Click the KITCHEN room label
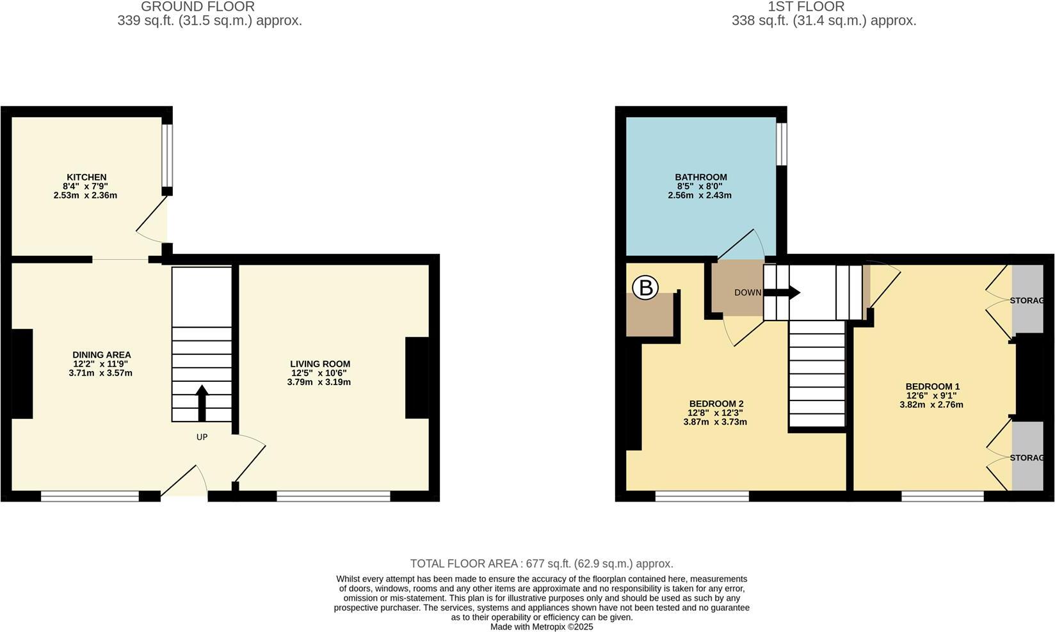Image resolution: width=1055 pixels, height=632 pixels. (86, 177)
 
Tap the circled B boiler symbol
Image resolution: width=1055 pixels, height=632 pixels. (645, 288)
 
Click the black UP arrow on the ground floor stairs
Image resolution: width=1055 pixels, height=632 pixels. (202, 402)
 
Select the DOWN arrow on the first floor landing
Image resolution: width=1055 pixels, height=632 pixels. (782, 292)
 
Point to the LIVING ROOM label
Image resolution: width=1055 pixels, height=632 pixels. (320, 364)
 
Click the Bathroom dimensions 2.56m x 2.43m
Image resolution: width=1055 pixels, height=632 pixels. (700, 195)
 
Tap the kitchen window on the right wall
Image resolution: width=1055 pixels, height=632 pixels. (166, 155)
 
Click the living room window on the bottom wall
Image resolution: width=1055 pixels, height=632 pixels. (334, 496)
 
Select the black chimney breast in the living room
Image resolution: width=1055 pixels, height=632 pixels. (417, 377)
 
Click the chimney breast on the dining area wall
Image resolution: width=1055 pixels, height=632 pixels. (22, 374)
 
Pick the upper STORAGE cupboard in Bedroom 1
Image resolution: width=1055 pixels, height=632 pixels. (1027, 299)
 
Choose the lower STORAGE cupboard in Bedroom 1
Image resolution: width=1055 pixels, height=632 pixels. (1027, 457)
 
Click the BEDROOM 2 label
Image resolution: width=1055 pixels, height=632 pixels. (716, 404)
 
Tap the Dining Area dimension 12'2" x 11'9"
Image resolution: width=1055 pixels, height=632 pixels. (101, 364)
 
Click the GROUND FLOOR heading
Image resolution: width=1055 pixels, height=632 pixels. (197, 6)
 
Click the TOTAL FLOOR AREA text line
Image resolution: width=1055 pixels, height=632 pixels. (542, 564)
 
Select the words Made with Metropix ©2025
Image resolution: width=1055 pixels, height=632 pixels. (542, 627)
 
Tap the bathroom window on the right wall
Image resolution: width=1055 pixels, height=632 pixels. (781, 144)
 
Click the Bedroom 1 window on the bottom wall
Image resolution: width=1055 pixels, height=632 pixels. (942, 496)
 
